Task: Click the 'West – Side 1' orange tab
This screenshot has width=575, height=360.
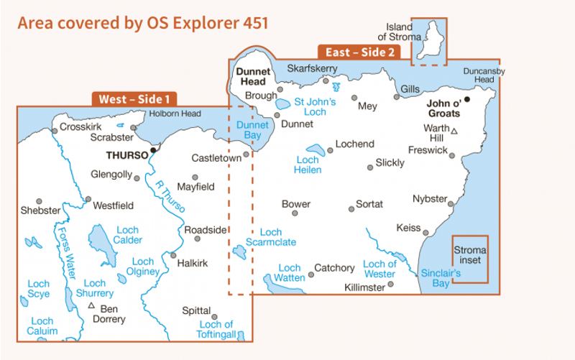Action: pyautogui.click(x=134, y=98)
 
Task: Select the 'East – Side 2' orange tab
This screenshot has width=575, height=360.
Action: pyautogui.click(x=359, y=52)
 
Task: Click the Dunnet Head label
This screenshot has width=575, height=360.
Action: pyautogui.click(x=254, y=77)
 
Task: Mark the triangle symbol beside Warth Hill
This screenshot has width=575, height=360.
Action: pyautogui.click(x=455, y=130)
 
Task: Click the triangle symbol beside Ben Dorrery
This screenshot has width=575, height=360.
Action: pyautogui.click(x=91, y=306)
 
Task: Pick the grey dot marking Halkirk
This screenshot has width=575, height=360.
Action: pyautogui.click(x=173, y=255)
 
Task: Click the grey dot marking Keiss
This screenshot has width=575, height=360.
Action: pyautogui.click(x=425, y=233)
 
